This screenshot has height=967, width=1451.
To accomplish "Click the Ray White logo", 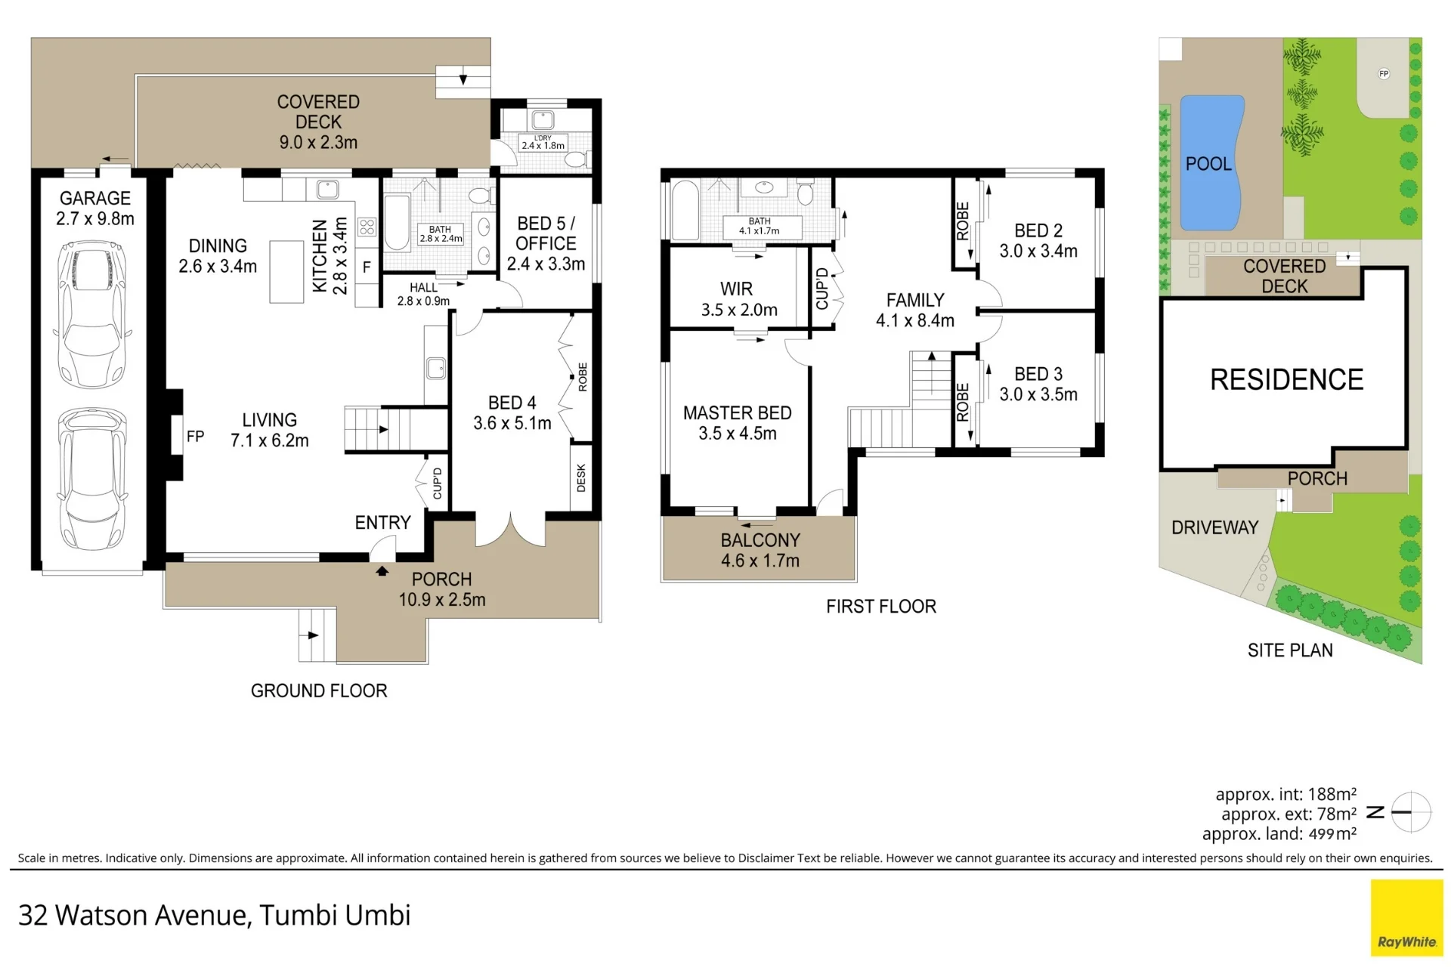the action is pyautogui.click(x=1406, y=918).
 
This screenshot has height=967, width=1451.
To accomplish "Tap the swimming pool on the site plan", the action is pyautogui.click(x=1211, y=162).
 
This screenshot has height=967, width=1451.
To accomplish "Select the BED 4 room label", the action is pyautogui.click(x=512, y=412).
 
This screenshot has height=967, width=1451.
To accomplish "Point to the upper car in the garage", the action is pyautogui.click(x=92, y=314).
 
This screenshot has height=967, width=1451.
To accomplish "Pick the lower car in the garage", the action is pyautogui.click(x=92, y=479).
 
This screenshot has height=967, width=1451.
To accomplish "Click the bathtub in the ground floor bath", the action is pyautogui.click(x=397, y=222).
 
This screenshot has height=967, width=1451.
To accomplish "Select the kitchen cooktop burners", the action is pyautogui.click(x=367, y=227).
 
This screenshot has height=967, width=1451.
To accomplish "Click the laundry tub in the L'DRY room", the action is pyautogui.click(x=543, y=119).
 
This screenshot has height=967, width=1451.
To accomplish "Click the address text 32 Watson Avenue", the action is pyautogui.click(x=134, y=915).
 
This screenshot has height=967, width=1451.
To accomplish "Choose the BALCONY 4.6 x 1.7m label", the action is pyautogui.click(x=760, y=550).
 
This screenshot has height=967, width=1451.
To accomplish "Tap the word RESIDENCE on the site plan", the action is pyautogui.click(x=1286, y=379).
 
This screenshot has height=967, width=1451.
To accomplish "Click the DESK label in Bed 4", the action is pyautogui.click(x=581, y=478).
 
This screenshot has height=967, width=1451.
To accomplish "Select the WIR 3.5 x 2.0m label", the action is pyautogui.click(x=738, y=299).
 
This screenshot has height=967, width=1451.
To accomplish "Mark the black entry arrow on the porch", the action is pyautogui.click(x=382, y=571).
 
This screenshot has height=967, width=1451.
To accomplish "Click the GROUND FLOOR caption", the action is pyautogui.click(x=319, y=690).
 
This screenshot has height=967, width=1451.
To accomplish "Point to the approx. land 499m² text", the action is pyautogui.click(x=1279, y=833).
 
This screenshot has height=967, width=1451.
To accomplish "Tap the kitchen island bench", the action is pyautogui.click(x=286, y=272).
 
